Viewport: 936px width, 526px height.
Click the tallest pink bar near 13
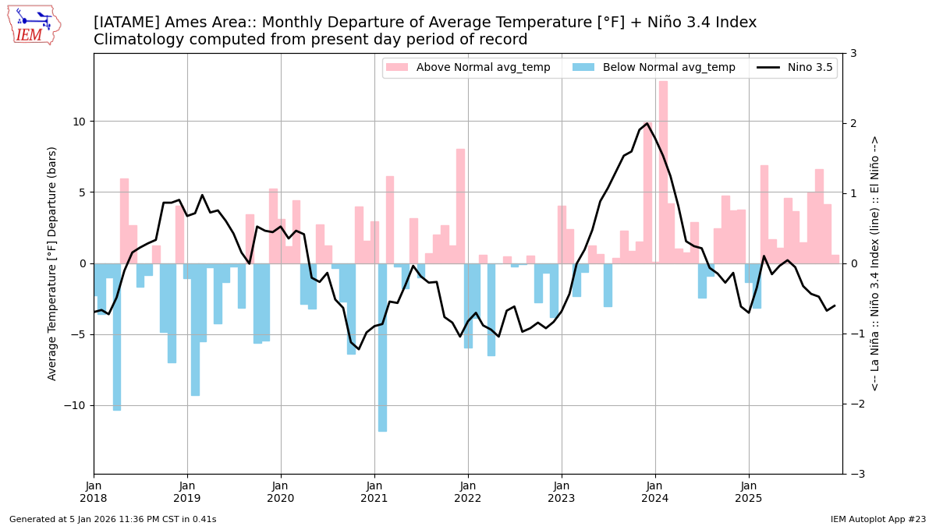point(663,171)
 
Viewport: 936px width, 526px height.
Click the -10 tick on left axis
point(76,405)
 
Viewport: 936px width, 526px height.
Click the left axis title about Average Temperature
point(52,263)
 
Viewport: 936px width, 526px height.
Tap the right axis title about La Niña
point(874,263)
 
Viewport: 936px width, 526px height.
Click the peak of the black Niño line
point(647,123)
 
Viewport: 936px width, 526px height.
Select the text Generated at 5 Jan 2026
point(112,519)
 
